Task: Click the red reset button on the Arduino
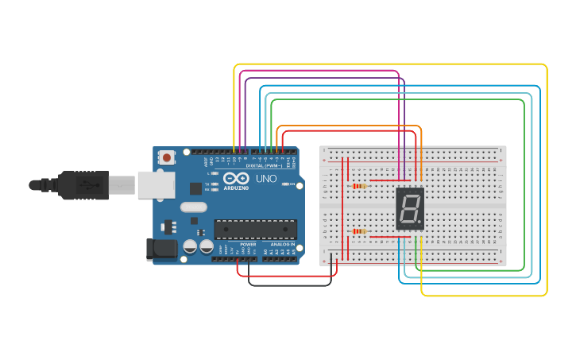pos(167,157)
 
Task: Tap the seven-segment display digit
pos(409,209)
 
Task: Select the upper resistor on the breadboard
pos(358,187)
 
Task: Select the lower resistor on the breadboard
pos(358,231)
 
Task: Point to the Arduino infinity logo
pos(236,179)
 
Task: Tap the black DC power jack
pos(163,249)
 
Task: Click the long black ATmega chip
pos(255,229)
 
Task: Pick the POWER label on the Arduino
pos(248,244)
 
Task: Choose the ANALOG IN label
pos(282,244)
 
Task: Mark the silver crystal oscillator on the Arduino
pos(193,207)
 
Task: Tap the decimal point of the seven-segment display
pos(419,223)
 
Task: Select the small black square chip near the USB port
pos(195,188)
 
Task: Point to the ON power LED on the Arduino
pos(289,184)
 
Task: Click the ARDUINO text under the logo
pos(236,188)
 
